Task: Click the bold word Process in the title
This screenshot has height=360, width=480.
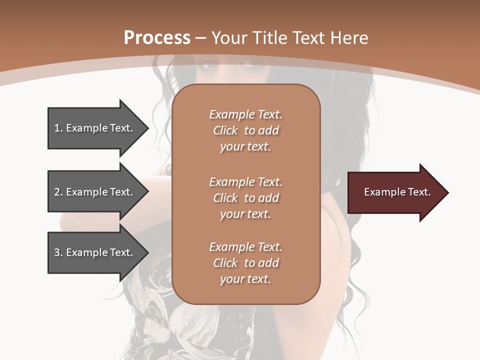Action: click(157, 38)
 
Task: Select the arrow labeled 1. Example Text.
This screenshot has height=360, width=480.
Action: click(95, 128)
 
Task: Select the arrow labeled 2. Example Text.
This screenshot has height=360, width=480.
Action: click(95, 192)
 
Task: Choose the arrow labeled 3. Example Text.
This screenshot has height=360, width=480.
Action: click(95, 252)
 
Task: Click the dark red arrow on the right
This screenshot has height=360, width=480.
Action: click(395, 192)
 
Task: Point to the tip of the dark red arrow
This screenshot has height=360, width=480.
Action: click(447, 192)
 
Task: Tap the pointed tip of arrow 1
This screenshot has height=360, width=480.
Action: click(147, 128)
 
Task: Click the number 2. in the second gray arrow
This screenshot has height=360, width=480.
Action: click(58, 192)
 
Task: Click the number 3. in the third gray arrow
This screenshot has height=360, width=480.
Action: click(58, 252)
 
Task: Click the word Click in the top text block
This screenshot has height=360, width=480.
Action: click(225, 130)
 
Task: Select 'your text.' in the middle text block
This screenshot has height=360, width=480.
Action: click(245, 214)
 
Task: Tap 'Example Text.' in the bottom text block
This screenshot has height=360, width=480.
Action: click(245, 247)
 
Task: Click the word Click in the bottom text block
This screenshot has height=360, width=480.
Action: click(225, 263)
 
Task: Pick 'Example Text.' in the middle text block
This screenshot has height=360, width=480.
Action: click(245, 182)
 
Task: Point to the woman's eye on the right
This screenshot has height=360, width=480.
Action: click(248, 64)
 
